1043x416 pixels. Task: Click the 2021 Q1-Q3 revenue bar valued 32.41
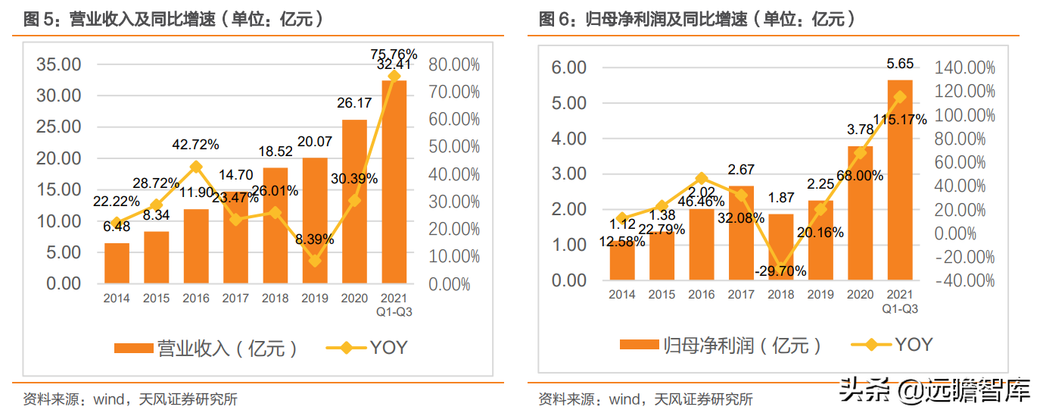click(x=394, y=182)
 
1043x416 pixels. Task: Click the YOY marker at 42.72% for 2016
click(x=196, y=167)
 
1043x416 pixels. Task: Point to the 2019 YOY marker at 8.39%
click(x=315, y=261)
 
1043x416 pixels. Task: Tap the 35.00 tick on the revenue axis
click(x=59, y=64)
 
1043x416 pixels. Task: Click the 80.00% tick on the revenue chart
click(x=454, y=64)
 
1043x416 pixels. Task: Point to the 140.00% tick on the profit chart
click(x=965, y=68)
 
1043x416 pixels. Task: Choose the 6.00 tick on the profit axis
click(x=569, y=68)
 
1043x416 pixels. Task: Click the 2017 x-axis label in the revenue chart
click(x=235, y=299)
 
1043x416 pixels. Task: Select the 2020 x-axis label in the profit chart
click(x=860, y=295)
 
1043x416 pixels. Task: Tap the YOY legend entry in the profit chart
click(x=893, y=345)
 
